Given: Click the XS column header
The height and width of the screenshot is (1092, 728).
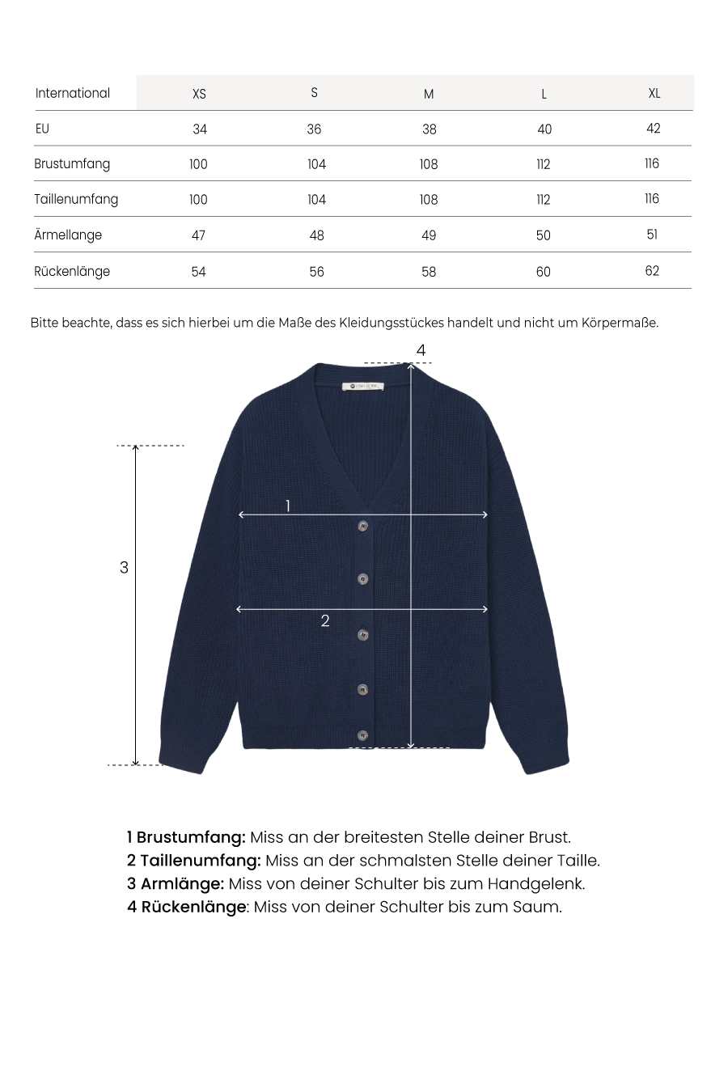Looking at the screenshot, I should (x=199, y=94).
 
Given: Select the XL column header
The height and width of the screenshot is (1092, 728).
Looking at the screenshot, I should (x=654, y=93).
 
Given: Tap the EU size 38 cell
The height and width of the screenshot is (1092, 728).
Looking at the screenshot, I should (x=429, y=129).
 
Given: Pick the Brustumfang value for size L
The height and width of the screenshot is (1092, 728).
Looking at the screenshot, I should (x=544, y=164).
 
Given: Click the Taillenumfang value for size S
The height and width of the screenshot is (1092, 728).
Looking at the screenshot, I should (x=316, y=200).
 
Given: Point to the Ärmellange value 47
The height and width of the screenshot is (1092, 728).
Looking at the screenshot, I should (x=199, y=235).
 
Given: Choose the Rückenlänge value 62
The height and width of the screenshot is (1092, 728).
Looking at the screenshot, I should (x=652, y=271).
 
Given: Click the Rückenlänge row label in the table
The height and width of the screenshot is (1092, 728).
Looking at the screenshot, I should (x=72, y=272).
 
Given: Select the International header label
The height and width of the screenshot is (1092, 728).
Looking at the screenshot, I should (x=73, y=93).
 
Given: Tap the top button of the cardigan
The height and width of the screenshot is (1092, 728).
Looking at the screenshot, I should (x=363, y=527).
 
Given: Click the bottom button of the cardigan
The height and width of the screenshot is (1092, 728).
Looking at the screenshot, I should (x=362, y=736).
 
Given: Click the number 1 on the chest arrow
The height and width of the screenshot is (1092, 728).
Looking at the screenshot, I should (x=288, y=506).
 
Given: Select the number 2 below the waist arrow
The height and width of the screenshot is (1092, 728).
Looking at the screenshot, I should (x=325, y=621).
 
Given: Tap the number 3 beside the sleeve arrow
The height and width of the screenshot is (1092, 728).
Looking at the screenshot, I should (x=124, y=568).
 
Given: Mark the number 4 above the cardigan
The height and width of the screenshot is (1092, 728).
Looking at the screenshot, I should (x=421, y=350).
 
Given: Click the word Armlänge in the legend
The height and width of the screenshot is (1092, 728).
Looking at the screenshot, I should (x=182, y=884).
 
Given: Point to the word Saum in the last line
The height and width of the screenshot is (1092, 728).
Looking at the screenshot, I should (x=536, y=907).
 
